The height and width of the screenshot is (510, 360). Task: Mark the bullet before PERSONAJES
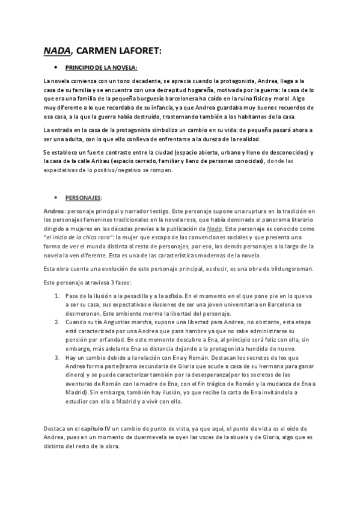click(x=55, y=197)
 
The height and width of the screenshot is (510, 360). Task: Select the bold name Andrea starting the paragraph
click(x=55, y=211)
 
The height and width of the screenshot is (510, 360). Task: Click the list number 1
click(x=56, y=296)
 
